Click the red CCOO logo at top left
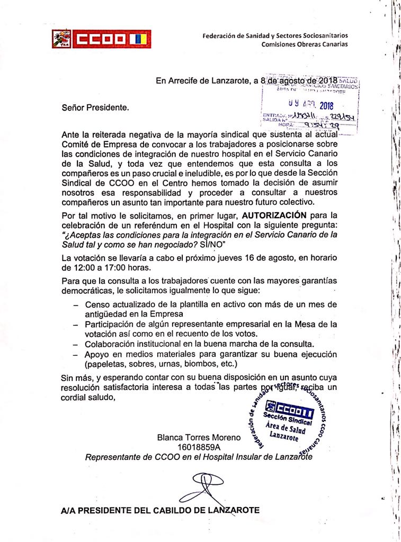coord(101,39)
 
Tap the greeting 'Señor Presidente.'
coord(95,107)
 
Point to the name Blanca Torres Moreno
coord(199,438)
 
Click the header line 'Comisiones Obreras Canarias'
coord(305,44)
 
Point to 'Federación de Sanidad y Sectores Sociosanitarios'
coord(275,35)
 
